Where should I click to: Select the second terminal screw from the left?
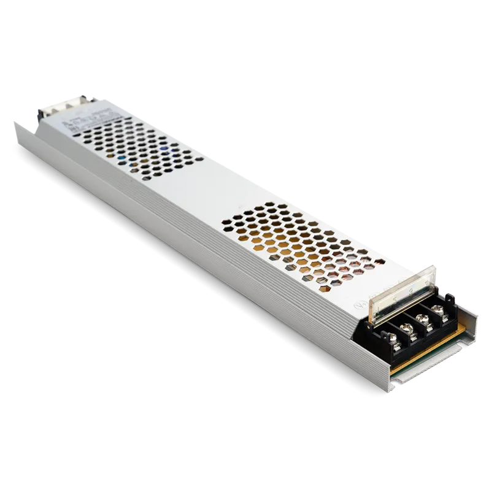[406, 328]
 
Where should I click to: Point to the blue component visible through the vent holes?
[164, 149]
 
